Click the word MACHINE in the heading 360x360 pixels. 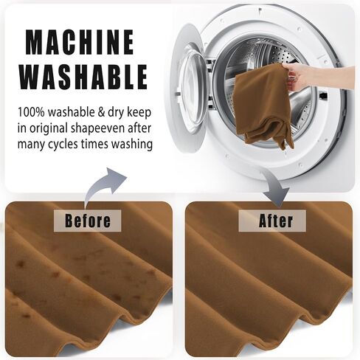80,42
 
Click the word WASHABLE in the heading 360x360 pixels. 83,77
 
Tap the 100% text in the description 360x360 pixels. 31,112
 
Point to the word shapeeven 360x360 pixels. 97,129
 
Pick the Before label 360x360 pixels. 88,221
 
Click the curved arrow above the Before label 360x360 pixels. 103,183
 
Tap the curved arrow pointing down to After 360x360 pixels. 274,187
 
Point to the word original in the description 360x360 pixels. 48,129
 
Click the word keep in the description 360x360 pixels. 139,113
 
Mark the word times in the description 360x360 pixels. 94,144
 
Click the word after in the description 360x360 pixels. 139,128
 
